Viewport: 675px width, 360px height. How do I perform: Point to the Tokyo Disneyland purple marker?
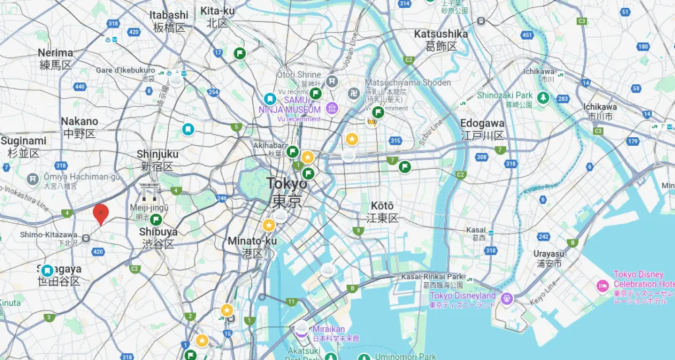point(507,298)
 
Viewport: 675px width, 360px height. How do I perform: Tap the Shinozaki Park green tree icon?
point(543,98)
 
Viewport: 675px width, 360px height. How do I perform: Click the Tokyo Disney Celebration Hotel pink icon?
point(602,285)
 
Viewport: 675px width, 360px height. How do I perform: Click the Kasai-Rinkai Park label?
point(432,276)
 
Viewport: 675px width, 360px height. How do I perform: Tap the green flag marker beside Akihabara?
point(292,152)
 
